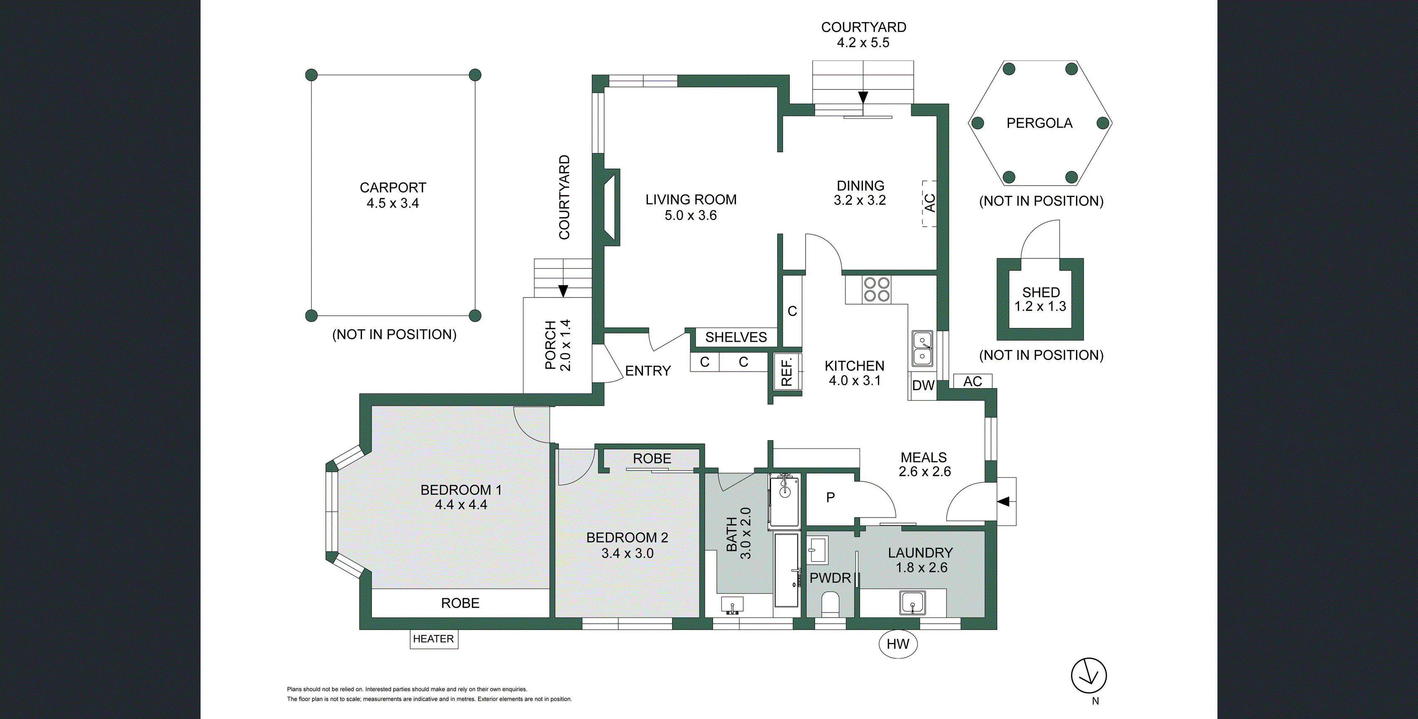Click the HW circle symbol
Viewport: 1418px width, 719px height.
coord(898,644)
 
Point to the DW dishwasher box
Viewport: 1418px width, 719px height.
coord(923,385)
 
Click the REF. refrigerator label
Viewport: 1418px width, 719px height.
coord(787,371)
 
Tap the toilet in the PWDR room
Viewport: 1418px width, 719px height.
coord(830,603)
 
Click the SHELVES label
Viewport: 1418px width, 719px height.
coord(736,337)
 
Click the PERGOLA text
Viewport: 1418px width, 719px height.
coord(1039,123)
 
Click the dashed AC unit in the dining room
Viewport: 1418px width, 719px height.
coord(929,203)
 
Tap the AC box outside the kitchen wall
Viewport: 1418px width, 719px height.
coord(973,382)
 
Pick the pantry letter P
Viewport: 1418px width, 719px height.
coord(830,498)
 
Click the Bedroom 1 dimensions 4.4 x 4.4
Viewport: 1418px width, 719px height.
coord(461,505)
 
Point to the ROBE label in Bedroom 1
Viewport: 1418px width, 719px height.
coord(460,603)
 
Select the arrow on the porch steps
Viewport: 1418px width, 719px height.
coord(563,290)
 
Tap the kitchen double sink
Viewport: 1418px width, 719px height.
coord(922,349)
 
